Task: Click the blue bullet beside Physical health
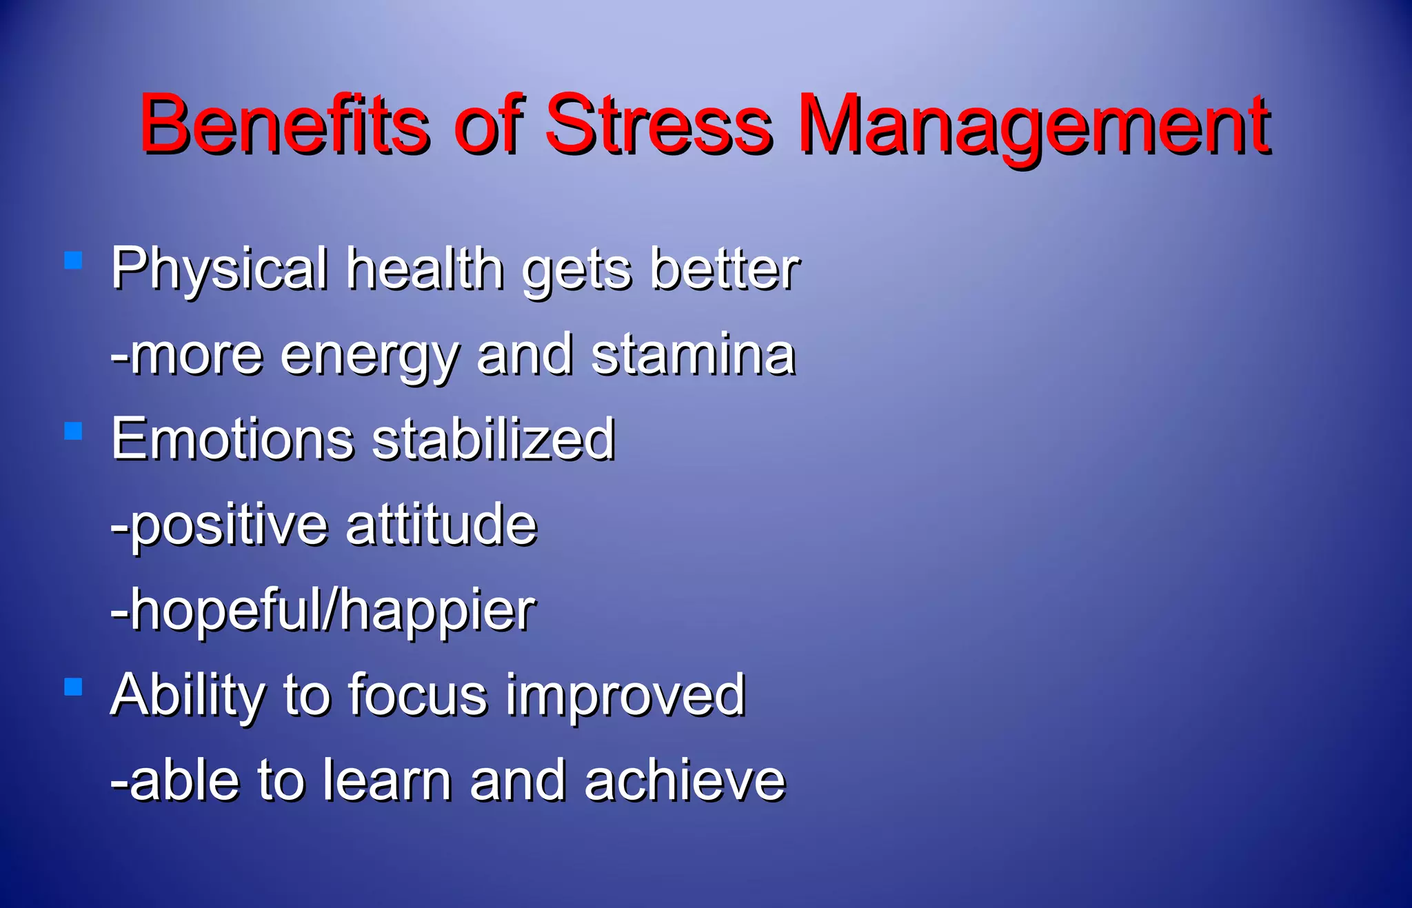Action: click(73, 260)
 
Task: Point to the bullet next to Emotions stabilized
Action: click(73, 431)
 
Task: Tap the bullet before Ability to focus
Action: click(73, 687)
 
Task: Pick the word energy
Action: click(370, 356)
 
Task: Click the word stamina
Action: click(693, 354)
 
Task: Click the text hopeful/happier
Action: click(324, 610)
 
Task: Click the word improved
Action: click(625, 695)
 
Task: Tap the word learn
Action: click(387, 780)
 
